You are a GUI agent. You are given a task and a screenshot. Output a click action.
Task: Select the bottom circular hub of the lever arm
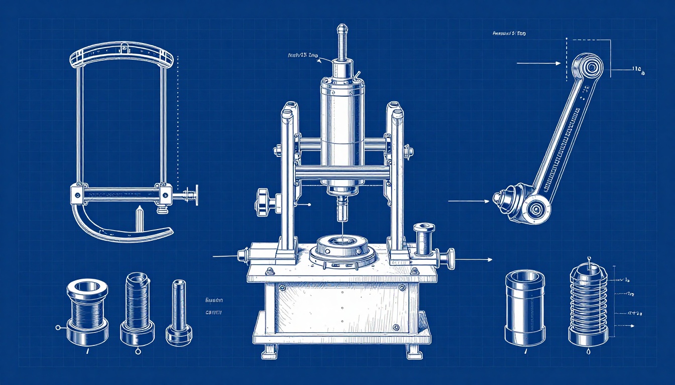click(535, 208)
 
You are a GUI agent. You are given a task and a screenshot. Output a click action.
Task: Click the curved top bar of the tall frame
click(124, 53)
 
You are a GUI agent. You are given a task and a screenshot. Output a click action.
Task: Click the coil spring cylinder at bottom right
click(588, 306)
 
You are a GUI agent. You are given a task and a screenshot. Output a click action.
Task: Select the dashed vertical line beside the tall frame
click(178, 115)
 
